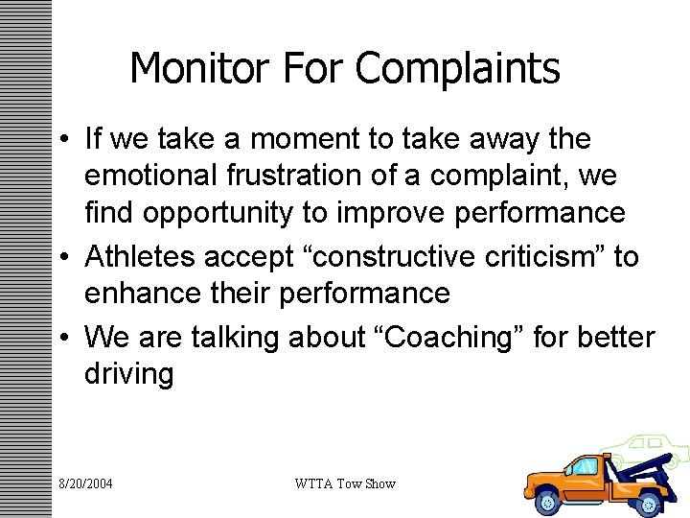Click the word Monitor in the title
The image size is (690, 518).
coord(191,69)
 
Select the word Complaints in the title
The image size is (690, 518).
coord(457,69)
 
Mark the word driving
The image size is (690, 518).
coord(129,373)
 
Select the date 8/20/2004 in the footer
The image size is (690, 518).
coord(84,483)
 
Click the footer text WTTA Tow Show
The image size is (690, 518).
coord(345,483)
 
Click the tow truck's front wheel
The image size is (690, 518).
coord(548,502)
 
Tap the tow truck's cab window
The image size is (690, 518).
coord(584,467)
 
